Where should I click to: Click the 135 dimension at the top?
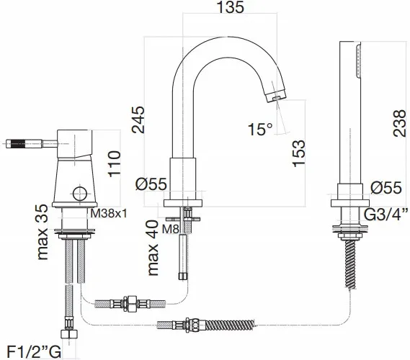point(230,7)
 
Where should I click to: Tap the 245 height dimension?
point(138,120)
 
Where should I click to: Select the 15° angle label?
point(260,129)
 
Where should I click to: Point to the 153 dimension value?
point(299,153)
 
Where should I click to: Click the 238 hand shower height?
point(399,123)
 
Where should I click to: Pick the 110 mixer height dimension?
point(115,164)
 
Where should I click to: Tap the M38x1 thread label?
point(109,214)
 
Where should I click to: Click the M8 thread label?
point(171,229)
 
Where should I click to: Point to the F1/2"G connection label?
point(34,352)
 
